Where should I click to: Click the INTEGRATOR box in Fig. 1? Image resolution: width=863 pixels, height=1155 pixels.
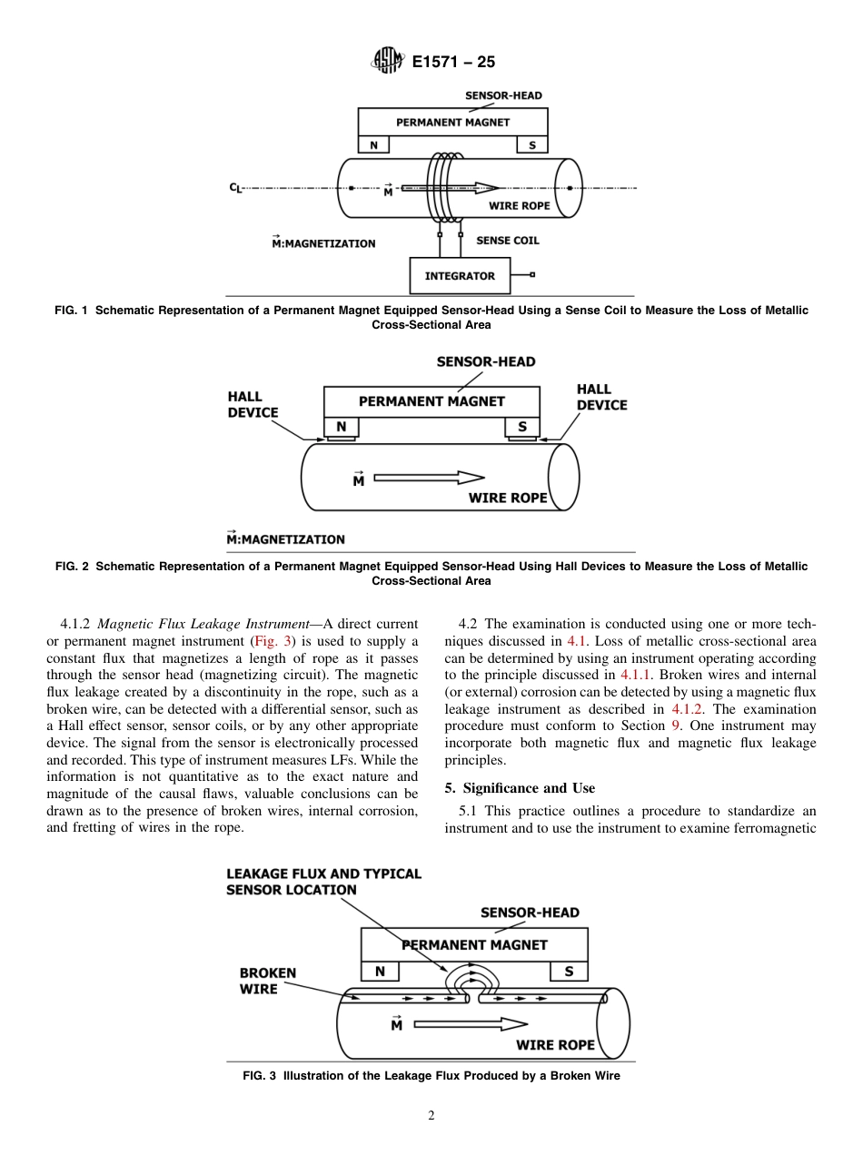coord(460,276)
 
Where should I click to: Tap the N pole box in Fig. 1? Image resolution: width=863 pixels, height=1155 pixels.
coord(373,145)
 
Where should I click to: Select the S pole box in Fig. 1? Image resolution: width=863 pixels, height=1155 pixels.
coord(532,145)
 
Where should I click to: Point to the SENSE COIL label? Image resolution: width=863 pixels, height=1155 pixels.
coord(508,241)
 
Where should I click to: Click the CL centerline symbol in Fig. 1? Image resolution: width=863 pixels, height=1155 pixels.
coord(235,189)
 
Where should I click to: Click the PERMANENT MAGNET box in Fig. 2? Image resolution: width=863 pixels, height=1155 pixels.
coord(431,401)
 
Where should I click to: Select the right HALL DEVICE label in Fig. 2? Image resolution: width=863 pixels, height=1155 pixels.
coord(601,397)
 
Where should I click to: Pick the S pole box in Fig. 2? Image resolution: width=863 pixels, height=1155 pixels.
coord(522,427)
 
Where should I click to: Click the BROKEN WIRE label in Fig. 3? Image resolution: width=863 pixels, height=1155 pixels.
coord(267,981)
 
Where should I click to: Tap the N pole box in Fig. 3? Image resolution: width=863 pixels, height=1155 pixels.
coord(380,972)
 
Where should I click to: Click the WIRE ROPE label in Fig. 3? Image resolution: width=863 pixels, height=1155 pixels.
coord(555,1044)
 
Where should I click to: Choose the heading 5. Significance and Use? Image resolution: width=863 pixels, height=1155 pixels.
coord(520,788)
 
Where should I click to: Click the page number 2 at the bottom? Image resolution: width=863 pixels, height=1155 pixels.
coord(431,1116)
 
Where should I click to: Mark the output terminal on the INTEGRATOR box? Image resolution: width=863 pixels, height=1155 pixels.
coord(532,274)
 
